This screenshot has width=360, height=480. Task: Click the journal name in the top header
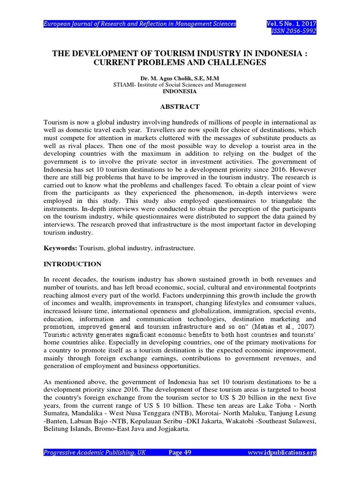(x=140, y=23)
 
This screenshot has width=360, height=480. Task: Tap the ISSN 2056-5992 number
(x=294, y=31)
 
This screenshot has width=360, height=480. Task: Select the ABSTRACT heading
(x=180, y=107)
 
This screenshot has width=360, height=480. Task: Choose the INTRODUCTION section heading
(x=72, y=264)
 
